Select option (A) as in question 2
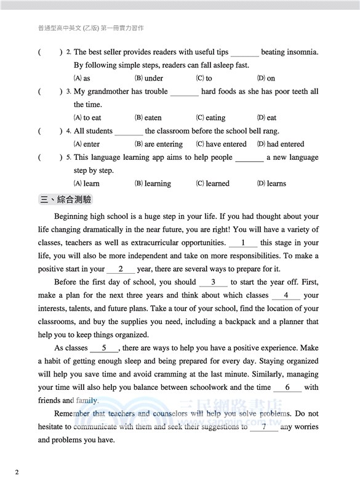82,78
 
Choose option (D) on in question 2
266,78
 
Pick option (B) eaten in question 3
148,117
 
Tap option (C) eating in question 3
210,117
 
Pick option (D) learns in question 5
271,183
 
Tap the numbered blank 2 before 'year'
121,269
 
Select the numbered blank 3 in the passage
214,282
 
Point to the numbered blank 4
286,295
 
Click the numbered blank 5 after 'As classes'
105,348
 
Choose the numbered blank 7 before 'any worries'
264,427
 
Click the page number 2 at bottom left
17,472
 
